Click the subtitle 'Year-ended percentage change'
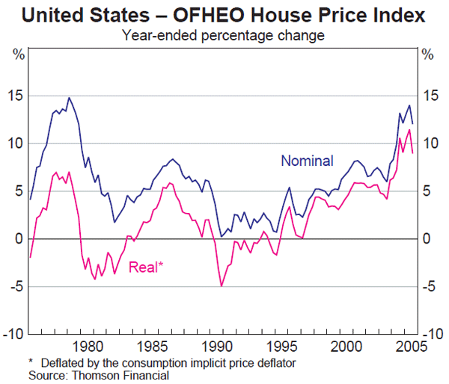[224, 34]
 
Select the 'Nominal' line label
[307, 161]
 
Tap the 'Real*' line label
[146, 267]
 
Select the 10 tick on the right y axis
[429, 143]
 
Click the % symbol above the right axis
[428, 54]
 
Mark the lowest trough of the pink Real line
[222, 285]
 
